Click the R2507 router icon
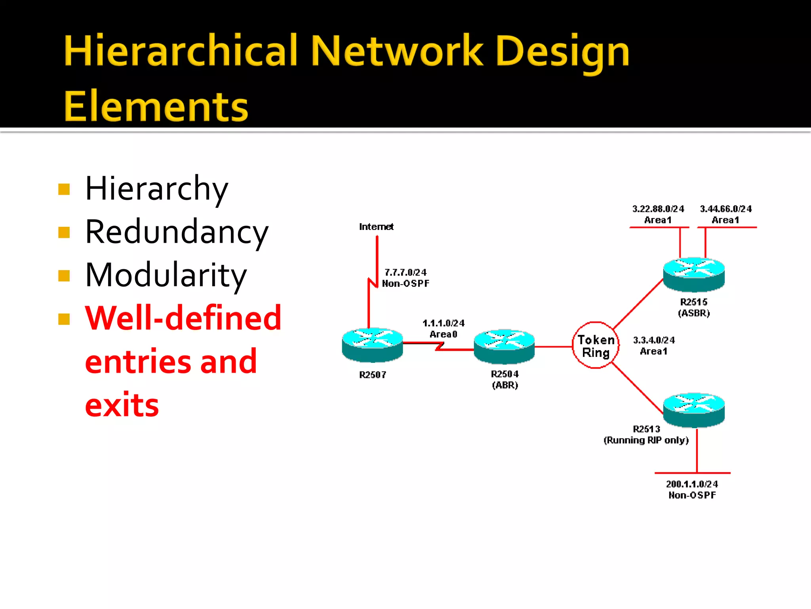tap(372, 345)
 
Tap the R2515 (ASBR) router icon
tap(694, 274)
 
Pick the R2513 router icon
tap(694, 410)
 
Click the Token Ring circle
tap(596, 345)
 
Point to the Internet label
tap(376, 227)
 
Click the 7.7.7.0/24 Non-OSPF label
tap(405, 278)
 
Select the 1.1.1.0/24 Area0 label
tap(444, 329)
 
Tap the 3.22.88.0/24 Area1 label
tap(658, 214)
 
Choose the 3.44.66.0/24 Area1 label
tap(725, 214)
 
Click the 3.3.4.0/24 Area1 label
tap(654, 345)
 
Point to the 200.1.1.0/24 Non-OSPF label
tap(692, 489)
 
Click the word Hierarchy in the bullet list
tap(157, 189)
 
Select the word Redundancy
tap(177, 232)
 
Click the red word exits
tap(122, 405)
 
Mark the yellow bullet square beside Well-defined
tap(64, 319)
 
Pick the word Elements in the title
tap(156, 106)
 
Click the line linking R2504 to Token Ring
tap(553, 347)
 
